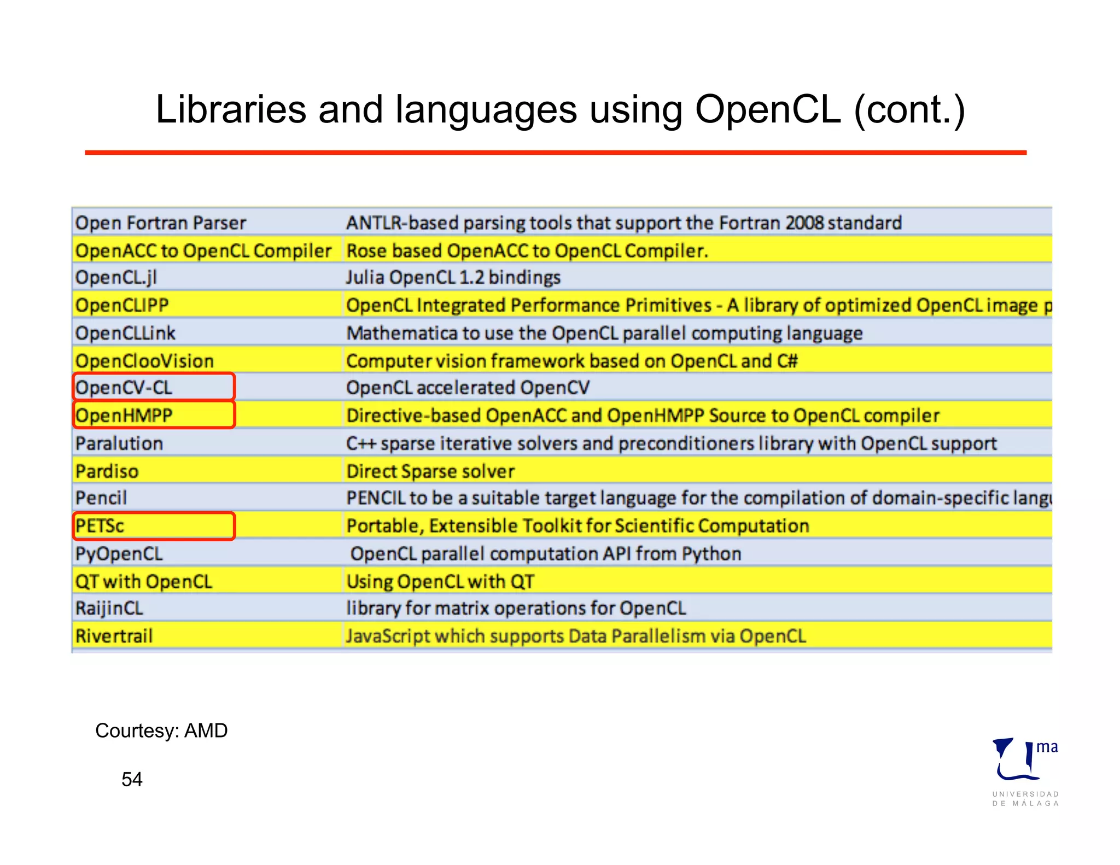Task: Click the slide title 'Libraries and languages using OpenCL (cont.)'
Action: coord(560,110)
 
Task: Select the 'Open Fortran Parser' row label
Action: coord(160,223)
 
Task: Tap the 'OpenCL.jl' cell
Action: coord(116,278)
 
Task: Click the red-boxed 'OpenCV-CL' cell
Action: coord(154,388)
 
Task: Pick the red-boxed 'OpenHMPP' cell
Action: coord(154,416)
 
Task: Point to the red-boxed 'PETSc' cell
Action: coord(154,526)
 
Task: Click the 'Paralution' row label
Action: coord(119,443)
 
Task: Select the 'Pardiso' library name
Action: coord(107,471)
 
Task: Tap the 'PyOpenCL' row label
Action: coord(119,554)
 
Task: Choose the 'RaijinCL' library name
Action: coord(109,609)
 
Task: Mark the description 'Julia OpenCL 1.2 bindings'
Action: coord(453,278)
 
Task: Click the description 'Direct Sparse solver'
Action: coord(430,471)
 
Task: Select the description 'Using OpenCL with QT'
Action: coord(440,581)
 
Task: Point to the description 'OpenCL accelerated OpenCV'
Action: coord(468,388)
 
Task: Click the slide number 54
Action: coord(132,779)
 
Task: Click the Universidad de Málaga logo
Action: coord(1025,771)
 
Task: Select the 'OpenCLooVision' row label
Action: coord(144,361)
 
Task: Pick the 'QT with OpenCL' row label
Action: coord(143,581)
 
